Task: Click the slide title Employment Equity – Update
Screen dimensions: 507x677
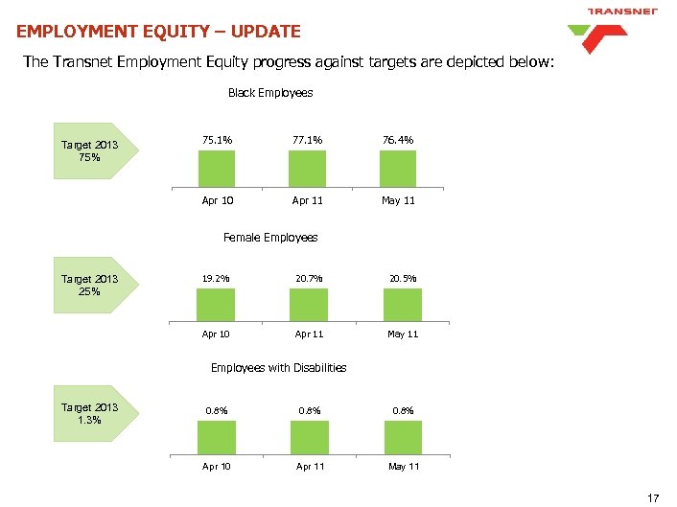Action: pos(158,32)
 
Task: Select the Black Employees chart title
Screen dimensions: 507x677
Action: pos(269,93)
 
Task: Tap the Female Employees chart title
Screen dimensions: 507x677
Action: pos(269,237)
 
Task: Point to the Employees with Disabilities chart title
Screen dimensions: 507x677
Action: pos(278,368)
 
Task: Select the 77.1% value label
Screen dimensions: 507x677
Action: pos(309,140)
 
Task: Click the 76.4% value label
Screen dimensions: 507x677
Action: pos(399,140)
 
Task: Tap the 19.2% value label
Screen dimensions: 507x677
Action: pos(216,278)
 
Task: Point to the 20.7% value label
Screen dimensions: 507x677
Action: pos(309,278)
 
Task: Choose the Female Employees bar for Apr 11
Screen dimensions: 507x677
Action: pos(309,306)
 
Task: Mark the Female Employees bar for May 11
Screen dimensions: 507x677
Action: pos(402,306)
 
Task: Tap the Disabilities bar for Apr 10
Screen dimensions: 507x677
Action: pos(216,437)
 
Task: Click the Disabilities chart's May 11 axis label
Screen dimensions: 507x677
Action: pos(403,467)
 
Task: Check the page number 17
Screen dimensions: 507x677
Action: pos(654,496)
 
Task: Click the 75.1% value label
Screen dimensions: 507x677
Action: pos(217,140)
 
